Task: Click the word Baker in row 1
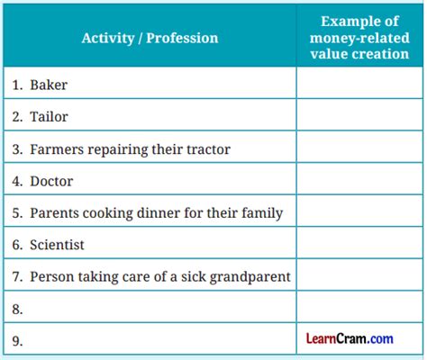49,85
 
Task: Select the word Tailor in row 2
49,117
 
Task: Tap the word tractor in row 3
204,148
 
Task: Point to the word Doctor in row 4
51,181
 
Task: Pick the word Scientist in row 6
59,245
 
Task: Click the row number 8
18,309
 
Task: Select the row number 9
18,340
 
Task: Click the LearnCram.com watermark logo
349,338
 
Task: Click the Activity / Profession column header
150,38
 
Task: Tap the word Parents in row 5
55,213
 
